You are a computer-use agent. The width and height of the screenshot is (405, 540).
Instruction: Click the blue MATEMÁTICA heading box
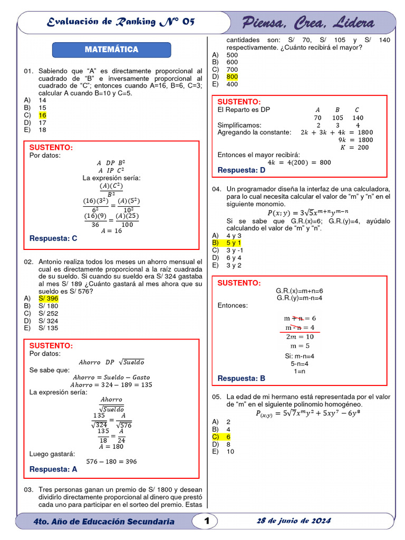point(111,50)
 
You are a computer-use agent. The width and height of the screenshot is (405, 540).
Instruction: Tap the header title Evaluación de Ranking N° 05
point(121,22)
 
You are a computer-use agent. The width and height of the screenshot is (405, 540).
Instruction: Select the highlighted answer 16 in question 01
point(43,115)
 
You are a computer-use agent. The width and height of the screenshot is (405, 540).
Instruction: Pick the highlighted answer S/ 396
point(48,298)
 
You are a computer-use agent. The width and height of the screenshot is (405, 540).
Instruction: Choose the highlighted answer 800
point(232,76)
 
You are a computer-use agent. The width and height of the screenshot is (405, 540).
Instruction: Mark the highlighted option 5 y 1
point(234,243)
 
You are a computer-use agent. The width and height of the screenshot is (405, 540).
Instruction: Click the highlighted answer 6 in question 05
point(229,437)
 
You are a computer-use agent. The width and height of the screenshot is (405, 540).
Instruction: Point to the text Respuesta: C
point(53,238)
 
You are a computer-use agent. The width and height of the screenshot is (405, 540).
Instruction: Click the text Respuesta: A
point(53,469)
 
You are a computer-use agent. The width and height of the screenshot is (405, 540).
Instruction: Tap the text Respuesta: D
point(242,170)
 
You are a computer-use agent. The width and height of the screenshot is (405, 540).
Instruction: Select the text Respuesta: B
point(242,378)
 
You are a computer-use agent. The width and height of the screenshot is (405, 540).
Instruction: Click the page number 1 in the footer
point(207,521)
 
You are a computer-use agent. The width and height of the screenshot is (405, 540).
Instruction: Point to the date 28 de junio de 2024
point(294,521)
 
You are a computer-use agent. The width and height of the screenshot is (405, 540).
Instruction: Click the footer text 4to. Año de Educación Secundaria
point(103,522)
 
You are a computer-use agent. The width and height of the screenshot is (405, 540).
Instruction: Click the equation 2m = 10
point(300,336)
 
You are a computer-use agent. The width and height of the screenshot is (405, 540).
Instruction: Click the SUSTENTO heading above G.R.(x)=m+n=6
point(239,283)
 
